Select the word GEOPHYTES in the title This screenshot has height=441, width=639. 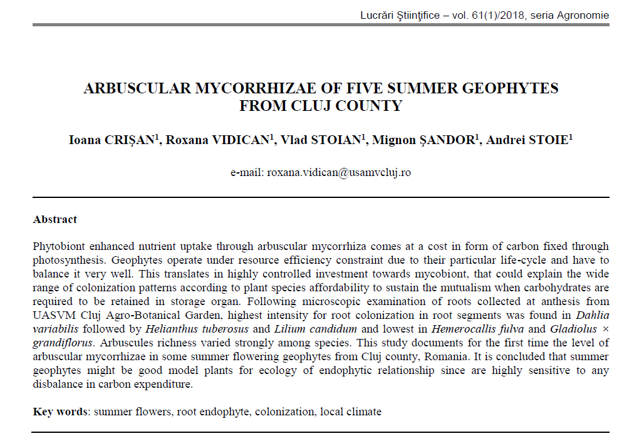(x=510, y=88)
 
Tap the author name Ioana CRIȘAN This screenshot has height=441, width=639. (x=111, y=140)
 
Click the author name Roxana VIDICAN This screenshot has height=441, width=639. (x=217, y=140)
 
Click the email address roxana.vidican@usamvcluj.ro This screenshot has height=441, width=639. (x=339, y=172)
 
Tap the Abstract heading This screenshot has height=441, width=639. (x=55, y=220)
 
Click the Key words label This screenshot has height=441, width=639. (x=60, y=412)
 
